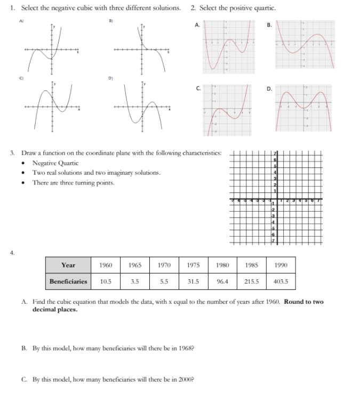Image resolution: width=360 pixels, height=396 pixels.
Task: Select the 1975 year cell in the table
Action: pyautogui.click(x=194, y=265)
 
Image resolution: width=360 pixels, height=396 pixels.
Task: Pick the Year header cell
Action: pyautogui.click(x=68, y=265)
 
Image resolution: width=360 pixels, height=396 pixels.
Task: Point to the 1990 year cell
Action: pyautogui.click(x=281, y=265)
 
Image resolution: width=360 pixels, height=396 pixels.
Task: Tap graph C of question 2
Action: pyautogui.click(x=229, y=109)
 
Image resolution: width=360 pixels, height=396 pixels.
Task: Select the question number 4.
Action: pyautogui.click(x=13, y=253)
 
